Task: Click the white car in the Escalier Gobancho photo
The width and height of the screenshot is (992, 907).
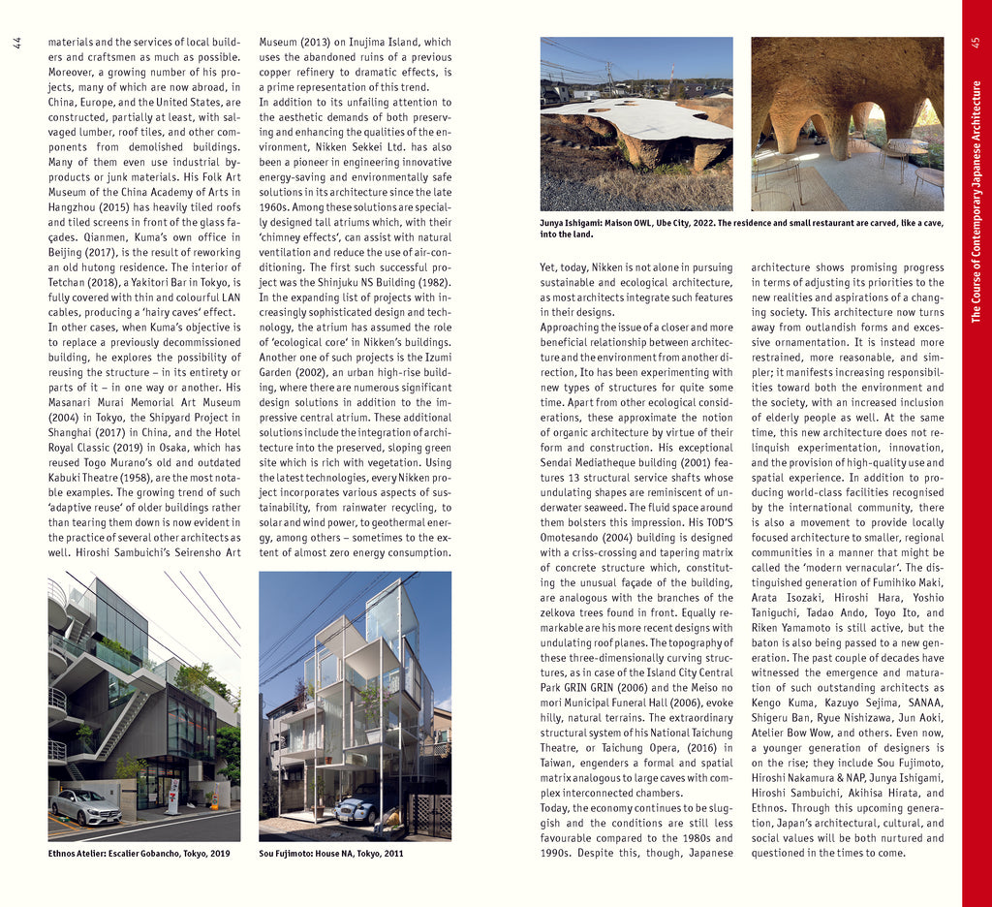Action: (x=85, y=805)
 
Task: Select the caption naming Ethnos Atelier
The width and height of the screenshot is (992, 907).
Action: (x=139, y=854)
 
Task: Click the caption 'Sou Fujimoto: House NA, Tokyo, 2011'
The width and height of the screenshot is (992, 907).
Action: (x=330, y=854)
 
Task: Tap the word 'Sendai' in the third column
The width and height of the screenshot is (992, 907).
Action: (x=560, y=462)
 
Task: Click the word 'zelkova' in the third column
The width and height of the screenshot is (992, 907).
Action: (x=564, y=612)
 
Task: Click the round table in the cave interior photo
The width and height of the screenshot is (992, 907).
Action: (x=906, y=145)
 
